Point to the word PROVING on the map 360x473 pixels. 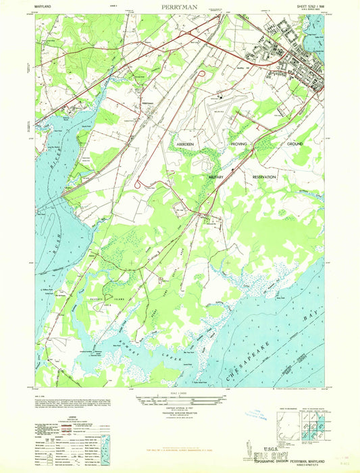pyautogui.click(x=240, y=145)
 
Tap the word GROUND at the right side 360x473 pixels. pyautogui.click(x=294, y=145)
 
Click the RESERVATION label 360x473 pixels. pyautogui.click(x=265, y=176)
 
